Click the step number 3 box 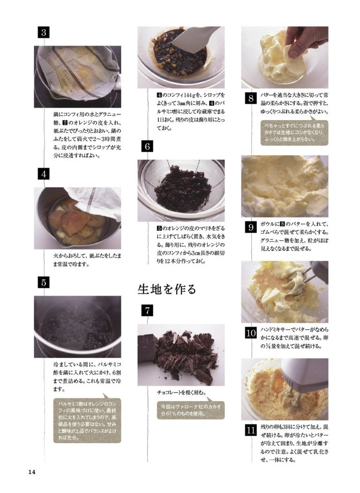pyautogui.click(x=44, y=32)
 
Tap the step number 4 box pyautogui.click(x=44, y=174)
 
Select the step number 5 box pyautogui.click(x=44, y=282)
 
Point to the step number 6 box pyautogui.click(x=147, y=146)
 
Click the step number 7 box pyautogui.click(x=147, y=311)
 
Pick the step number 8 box pyautogui.click(x=251, y=99)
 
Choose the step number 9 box pyautogui.click(x=251, y=228)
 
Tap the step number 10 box pyautogui.click(x=251, y=333)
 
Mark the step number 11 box pyautogui.click(x=251, y=430)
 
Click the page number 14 pyautogui.click(x=32, y=472)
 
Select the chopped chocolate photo pyautogui.click(x=181, y=355)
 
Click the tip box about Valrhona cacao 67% pyautogui.click(x=191, y=410)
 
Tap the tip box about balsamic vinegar pyautogui.click(x=87, y=420)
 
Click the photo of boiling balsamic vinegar pyautogui.click(x=78, y=326)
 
